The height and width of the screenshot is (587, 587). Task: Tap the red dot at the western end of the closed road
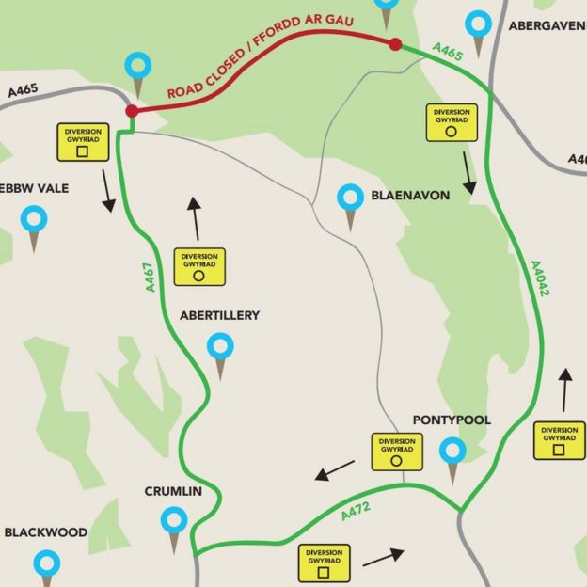pos(132,111)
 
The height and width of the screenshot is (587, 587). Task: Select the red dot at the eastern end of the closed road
pos(395,44)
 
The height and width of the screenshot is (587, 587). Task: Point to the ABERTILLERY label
pos(219,316)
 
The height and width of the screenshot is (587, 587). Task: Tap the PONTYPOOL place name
pos(452,420)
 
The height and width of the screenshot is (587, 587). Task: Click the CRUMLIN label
pos(174,491)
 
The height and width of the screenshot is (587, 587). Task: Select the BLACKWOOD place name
pos(45,532)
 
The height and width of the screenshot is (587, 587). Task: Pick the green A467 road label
pos(150,278)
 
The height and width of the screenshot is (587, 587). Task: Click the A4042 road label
pos(539,279)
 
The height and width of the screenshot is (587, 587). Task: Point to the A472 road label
pos(358,511)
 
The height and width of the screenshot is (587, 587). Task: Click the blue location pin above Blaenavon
pos(351,199)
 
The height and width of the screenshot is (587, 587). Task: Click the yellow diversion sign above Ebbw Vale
pos(83,142)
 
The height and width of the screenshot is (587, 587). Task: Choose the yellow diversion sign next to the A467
pos(199,266)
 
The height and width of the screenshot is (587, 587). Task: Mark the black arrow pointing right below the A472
pos(384,557)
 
